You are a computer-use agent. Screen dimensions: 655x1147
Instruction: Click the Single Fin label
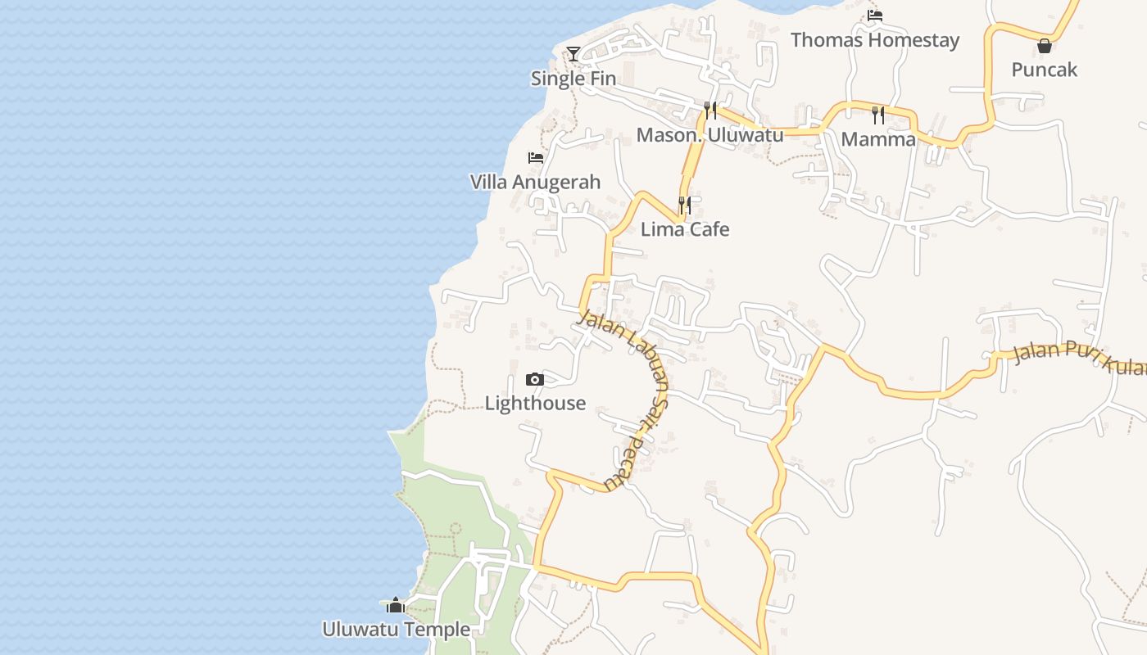tap(573, 79)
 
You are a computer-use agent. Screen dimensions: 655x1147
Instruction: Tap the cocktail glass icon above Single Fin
tap(573, 54)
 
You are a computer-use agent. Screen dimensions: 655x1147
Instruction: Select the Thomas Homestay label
tap(875, 39)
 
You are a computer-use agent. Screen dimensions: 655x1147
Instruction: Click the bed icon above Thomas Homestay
tap(875, 15)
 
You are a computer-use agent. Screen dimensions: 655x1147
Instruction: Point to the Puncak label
tap(1044, 70)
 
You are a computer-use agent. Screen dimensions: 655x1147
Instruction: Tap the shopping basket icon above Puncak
tap(1044, 46)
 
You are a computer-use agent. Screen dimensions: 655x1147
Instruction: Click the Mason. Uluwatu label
tap(710, 135)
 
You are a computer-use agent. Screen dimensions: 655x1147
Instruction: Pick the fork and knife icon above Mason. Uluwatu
tap(710, 110)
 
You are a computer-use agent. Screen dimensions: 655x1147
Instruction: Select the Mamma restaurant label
tap(878, 139)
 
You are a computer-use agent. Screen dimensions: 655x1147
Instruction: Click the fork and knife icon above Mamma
tap(878, 115)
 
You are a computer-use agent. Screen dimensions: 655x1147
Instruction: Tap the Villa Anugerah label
tap(535, 182)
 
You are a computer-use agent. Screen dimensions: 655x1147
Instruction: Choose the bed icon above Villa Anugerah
tap(536, 157)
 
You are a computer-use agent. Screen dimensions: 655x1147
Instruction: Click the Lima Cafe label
tap(685, 229)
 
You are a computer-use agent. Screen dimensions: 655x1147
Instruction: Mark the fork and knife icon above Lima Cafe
tap(685, 205)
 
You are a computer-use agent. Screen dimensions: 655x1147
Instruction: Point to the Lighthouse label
tap(535, 403)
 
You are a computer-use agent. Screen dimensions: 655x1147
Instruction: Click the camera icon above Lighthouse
tap(534, 379)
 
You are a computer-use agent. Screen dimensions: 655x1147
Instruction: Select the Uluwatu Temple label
tap(396, 630)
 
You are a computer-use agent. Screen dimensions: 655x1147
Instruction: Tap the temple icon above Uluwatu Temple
tap(396, 605)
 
